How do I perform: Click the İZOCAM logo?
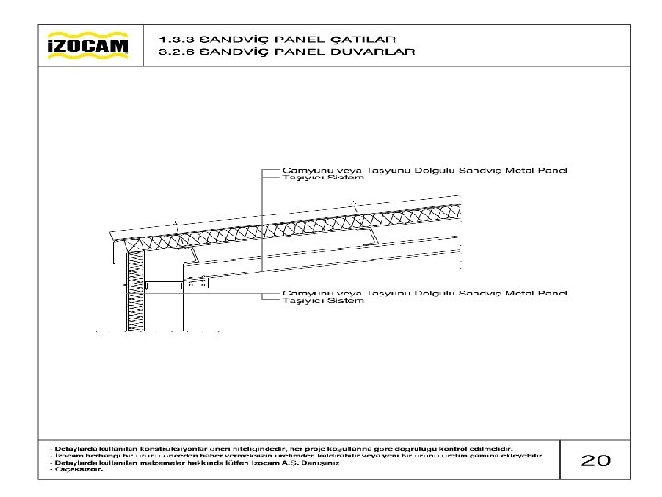[88, 45]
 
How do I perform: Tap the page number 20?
[596, 458]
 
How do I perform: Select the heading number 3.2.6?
[174, 52]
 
